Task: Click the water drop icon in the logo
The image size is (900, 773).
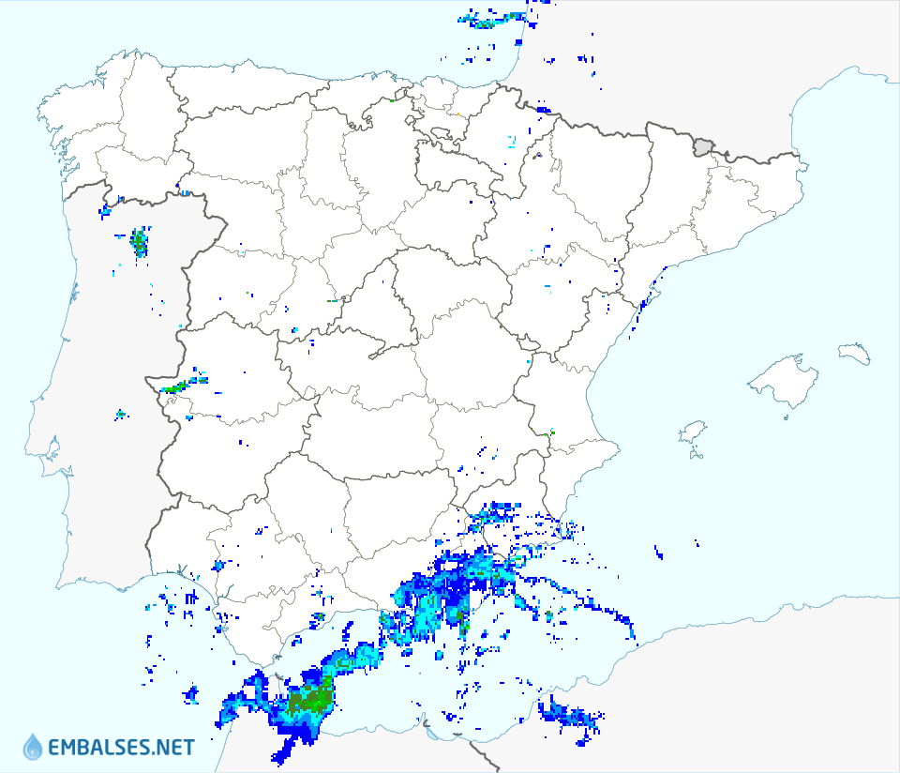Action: point(33,747)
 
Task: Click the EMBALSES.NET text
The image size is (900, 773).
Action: point(121,748)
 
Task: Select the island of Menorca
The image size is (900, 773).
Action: point(855,354)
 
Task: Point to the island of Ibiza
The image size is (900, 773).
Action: point(692,433)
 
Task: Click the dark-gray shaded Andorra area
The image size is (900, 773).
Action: point(703,146)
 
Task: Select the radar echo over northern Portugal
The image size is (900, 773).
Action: point(140,242)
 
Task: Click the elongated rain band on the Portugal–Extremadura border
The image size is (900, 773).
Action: point(184,385)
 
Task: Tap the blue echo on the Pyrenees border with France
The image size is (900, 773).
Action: point(544,110)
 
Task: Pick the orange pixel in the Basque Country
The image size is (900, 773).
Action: point(457,114)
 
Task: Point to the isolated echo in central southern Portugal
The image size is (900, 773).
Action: point(120,414)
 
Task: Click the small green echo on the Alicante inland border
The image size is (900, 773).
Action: point(550,432)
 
